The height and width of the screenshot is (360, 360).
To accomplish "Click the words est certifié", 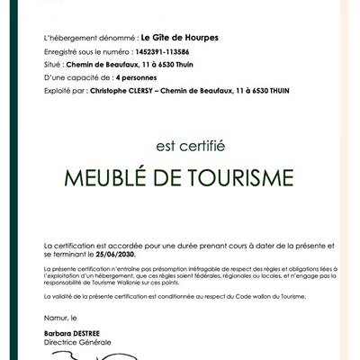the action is pos(180,141).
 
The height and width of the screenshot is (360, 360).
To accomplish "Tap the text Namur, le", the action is pos(62,319).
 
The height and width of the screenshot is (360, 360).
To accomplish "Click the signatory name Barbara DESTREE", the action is pos(75,332).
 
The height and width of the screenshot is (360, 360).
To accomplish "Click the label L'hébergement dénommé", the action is pos(76,38).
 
